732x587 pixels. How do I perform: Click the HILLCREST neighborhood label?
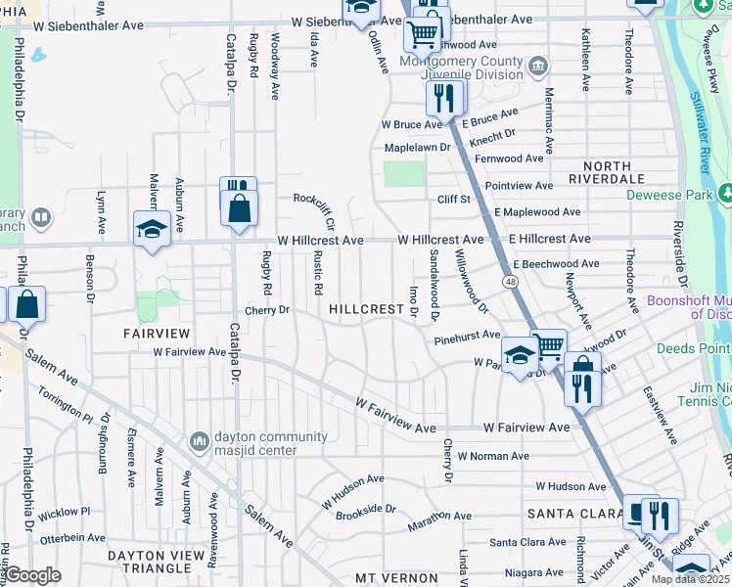366,309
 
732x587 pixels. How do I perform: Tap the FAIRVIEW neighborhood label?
150,334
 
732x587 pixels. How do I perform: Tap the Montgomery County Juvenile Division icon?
537,67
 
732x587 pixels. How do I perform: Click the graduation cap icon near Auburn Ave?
152,229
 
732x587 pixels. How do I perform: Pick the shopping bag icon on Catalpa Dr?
239,207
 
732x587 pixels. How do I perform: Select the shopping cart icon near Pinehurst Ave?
549,344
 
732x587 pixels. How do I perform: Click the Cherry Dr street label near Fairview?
268,310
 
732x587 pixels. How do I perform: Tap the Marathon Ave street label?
442,516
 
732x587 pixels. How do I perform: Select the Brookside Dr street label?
365,510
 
